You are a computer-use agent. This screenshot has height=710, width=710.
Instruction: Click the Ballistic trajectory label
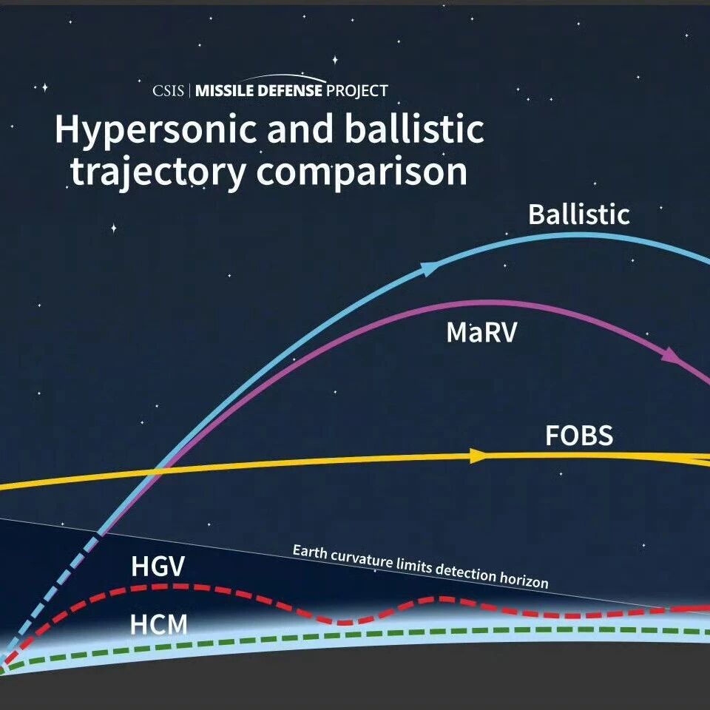(x=578, y=214)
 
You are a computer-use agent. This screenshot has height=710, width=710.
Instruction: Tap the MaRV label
(x=481, y=332)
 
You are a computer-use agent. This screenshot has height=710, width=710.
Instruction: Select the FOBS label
(x=579, y=435)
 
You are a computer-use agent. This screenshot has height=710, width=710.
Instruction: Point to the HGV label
(x=158, y=566)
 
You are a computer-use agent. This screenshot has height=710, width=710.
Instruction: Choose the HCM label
(x=158, y=624)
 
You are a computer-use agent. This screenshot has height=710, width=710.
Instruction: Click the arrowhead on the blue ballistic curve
(x=430, y=268)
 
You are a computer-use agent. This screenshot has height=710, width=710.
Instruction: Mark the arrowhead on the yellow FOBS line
(x=478, y=456)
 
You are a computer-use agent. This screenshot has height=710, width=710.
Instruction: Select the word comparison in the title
(x=362, y=173)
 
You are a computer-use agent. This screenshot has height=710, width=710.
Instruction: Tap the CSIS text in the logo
(x=168, y=91)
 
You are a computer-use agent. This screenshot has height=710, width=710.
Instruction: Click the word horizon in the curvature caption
(x=524, y=578)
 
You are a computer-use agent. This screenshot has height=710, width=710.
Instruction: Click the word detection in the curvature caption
(x=466, y=572)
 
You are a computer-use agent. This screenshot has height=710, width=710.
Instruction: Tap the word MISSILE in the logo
(x=224, y=90)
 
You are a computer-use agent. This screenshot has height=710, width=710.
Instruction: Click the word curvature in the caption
(x=362, y=559)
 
